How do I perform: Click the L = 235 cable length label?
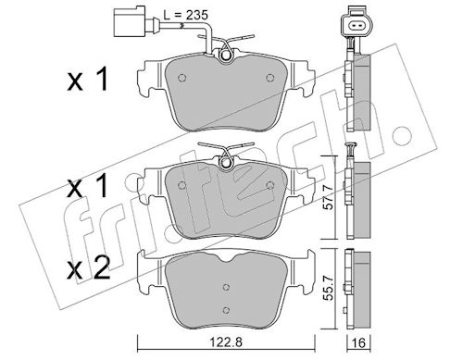coord(186,15)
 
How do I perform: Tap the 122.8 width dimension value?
coord(226,342)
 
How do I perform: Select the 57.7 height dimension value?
coord(329,196)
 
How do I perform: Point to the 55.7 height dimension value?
coord(329,288)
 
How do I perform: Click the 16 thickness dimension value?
coord(359,342)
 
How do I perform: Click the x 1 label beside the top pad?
coord(88,80)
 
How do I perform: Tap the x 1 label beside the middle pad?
coord(88,185)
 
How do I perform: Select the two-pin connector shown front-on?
coord(357,24)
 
